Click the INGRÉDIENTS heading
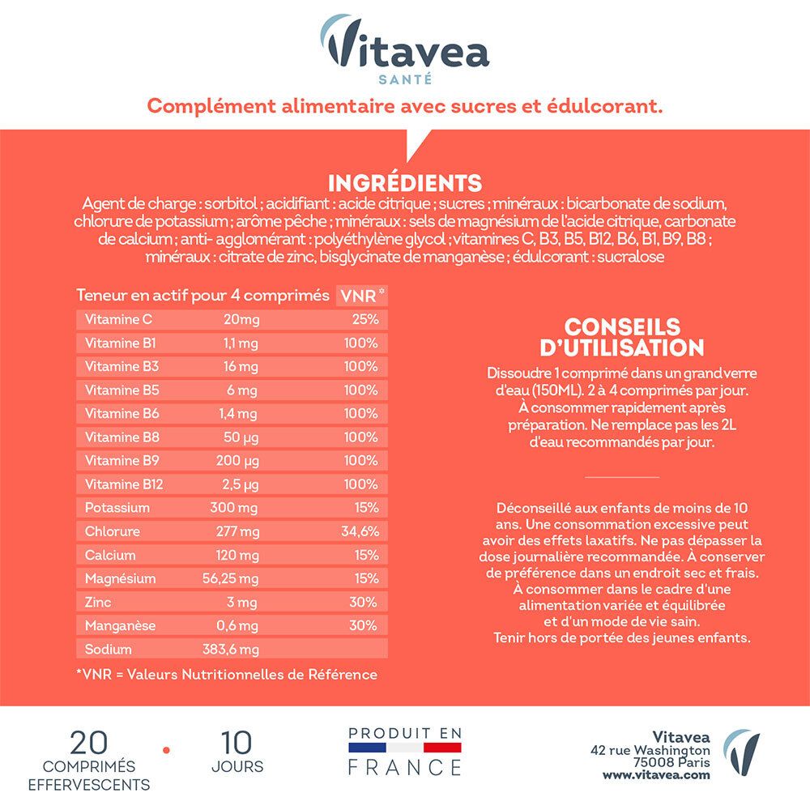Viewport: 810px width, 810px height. (x=405, y=182)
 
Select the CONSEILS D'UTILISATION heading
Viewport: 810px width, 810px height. (x=622, y=337)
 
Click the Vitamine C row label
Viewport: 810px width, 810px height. (x=118, y=319)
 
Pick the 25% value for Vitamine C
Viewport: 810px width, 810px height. (x=365, y=319)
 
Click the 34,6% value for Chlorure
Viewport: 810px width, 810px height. (x=360, y=531)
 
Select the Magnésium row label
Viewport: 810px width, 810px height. (x=119, y=578)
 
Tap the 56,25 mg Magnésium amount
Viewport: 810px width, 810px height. (x=230, y=578)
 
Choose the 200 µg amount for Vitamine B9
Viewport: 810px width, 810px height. (x=241, y=461)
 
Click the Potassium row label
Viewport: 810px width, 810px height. (x=117, y=508)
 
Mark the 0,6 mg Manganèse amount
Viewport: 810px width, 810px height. (x=241, y=626)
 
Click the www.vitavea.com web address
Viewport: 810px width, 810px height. (x=656, y=774)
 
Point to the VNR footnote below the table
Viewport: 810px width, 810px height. (x=226, y=674)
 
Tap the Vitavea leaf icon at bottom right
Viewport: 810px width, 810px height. (x=741, y=753)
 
